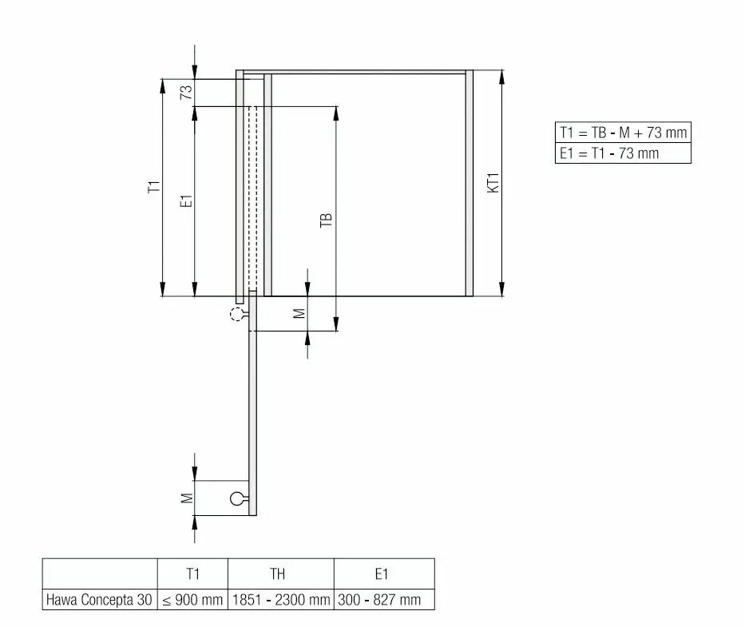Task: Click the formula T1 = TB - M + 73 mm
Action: pos(623,133)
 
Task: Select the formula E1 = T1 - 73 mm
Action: pos(609,153)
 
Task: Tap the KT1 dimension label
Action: pos(493,183)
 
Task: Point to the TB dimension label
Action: pos(326,220)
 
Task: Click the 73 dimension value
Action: pos(186,92)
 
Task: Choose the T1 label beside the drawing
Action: pos(154,186)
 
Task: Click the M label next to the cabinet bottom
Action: pos(299,313)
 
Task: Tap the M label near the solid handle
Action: pos(187,498)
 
